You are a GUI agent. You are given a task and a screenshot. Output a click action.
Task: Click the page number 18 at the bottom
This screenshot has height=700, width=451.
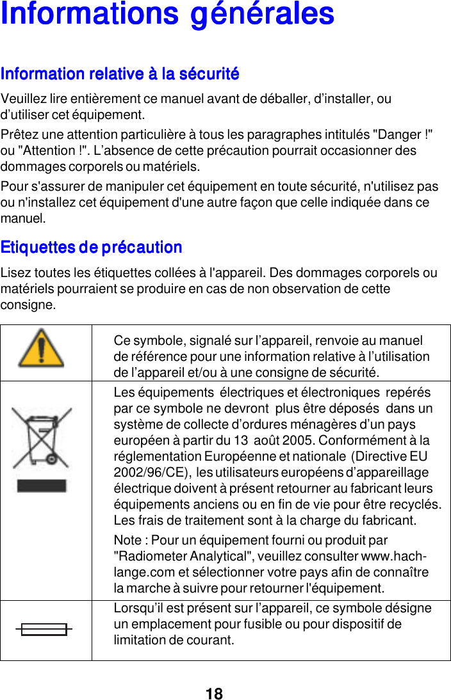[x=215, y=694]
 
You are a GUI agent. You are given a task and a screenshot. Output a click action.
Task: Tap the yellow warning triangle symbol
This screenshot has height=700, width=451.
[x=41, y=349]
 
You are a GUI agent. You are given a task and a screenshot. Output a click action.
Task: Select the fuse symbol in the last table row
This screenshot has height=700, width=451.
[x=44, y=630]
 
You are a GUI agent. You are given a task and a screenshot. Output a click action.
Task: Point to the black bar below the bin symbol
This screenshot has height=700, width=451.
[x=42, y=486]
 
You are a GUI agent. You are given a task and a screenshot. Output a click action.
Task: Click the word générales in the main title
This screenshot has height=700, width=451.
[x=263, y=14]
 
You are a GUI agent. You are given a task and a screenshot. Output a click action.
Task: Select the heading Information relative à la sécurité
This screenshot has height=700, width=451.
[x=120, y=74]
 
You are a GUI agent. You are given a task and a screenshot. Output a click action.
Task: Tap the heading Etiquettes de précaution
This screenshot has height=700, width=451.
[x=92, y=247]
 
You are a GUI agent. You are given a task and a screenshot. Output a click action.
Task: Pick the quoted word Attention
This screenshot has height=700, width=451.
[x=50, y=151]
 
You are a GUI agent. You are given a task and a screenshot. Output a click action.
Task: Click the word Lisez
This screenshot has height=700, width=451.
[x=15, y=273]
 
